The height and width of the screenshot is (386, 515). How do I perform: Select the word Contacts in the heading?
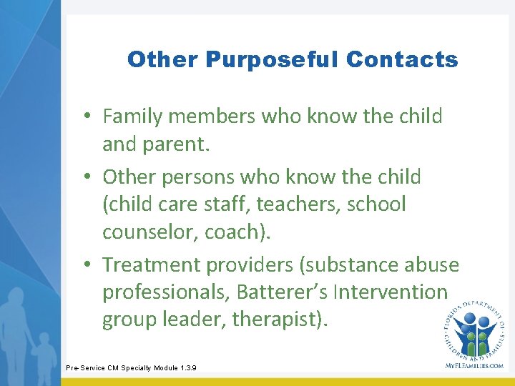401,60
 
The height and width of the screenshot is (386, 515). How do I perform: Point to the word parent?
179,145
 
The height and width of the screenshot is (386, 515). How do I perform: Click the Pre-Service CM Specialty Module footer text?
131,368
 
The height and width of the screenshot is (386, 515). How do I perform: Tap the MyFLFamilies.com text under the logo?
474,365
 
